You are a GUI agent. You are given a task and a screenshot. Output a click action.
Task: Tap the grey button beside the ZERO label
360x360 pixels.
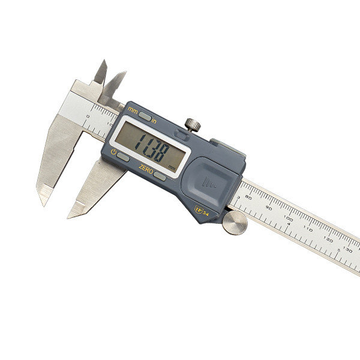pos(160,175)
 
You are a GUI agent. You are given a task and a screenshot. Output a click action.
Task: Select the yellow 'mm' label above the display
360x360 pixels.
pos(133,110)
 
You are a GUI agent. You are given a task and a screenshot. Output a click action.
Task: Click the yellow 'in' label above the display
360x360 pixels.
pos(154,119)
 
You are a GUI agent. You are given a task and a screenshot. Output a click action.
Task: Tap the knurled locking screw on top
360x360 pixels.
pos(191,124)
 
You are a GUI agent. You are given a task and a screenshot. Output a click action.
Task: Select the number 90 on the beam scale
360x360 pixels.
pos(269,209)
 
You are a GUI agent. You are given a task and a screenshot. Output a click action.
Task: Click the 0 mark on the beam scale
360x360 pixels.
pos(88,116)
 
